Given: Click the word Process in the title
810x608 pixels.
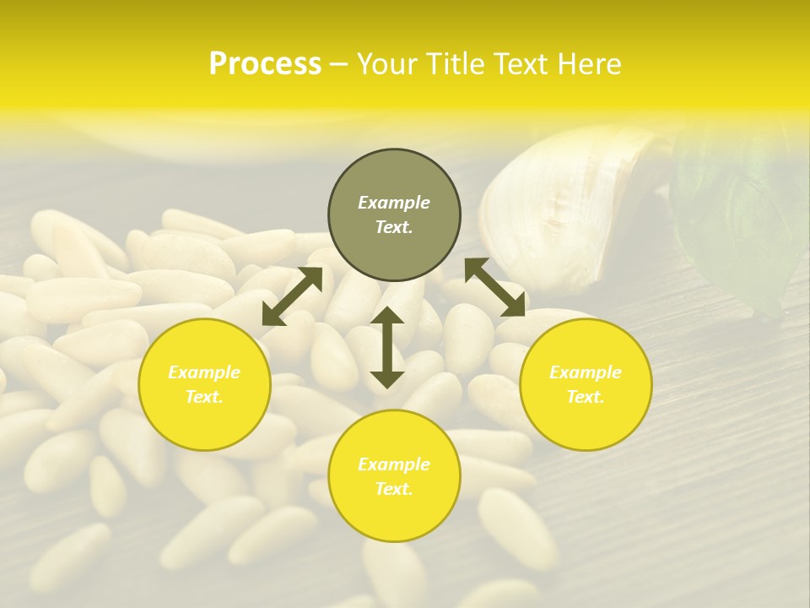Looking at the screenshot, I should (265, 64).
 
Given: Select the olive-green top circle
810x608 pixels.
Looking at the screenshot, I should (394, 215).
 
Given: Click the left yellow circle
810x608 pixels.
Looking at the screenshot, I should (204, 384).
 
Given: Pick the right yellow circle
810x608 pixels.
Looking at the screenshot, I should (586, 384).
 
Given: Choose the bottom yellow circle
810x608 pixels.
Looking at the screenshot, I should (394, 476).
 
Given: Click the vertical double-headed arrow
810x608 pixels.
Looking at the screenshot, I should (387, 348).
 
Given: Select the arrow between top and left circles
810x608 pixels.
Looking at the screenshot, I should (292, 296).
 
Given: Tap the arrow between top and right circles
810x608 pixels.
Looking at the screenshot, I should (494, 288).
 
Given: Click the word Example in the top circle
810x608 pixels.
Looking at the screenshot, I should (394, 203).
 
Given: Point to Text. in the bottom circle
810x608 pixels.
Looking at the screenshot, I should (394, 489).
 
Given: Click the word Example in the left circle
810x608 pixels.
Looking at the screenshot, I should (204, 372).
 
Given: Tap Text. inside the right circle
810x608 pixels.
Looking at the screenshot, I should (586, 397).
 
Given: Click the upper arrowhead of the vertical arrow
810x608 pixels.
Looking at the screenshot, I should (387, 317).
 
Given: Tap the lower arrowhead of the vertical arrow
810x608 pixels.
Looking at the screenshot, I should (387, 379).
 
